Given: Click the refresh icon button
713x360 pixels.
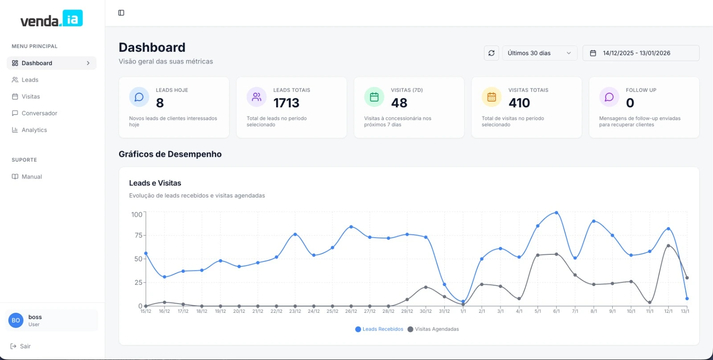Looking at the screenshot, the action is [491, 53].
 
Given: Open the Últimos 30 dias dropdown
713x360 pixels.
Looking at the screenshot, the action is [540, 53].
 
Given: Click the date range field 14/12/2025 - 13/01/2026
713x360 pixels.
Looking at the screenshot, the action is [641, 53].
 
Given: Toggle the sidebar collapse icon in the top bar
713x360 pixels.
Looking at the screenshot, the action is [121, 13].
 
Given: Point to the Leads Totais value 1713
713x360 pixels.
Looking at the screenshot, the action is [286, 103].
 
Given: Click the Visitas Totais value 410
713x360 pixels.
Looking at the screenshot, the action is [519, 103].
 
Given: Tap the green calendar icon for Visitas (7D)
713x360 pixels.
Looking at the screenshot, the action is [374, 97].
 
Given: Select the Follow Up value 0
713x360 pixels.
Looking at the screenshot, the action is [630, 103].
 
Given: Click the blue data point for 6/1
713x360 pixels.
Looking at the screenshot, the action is [557, 213].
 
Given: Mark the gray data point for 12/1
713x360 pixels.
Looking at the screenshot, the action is [668, 246].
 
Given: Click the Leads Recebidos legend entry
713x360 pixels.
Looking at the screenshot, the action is [379, 329].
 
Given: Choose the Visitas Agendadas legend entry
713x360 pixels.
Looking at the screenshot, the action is [433, 329].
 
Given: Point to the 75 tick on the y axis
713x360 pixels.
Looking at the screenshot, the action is [139, 235].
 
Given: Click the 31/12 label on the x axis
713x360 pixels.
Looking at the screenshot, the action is [444, 311].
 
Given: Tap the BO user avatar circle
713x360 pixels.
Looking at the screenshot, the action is [16, 320].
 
